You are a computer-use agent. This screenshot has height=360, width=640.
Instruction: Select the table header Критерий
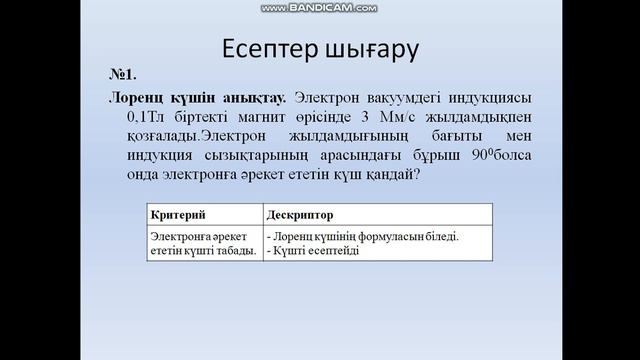pos(176,215)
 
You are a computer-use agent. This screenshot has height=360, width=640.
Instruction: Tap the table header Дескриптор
pos(300,215)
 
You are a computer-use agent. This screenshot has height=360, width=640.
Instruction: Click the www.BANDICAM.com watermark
pos(320,8)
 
